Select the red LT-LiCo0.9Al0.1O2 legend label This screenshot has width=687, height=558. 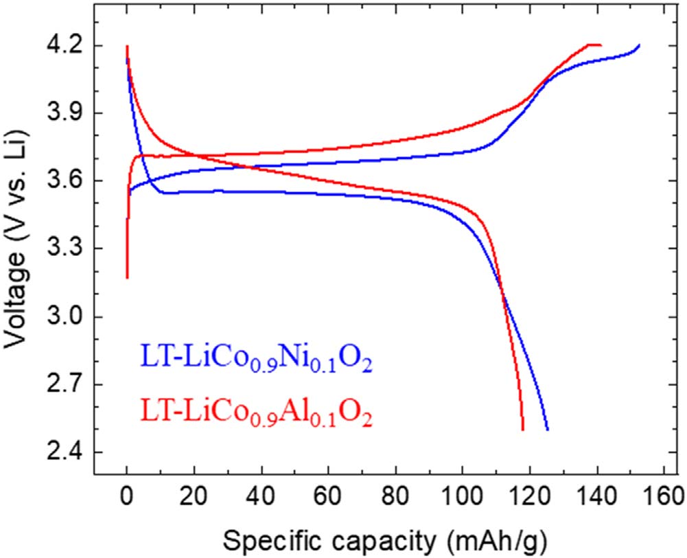(256, 414)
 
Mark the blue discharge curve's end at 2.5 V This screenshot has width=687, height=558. (548, 430)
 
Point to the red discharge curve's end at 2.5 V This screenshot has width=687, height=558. (523, 430)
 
